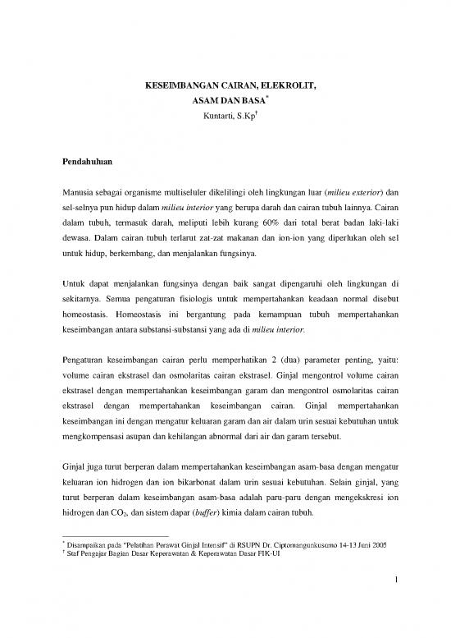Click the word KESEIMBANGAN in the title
[174, 85]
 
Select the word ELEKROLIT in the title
[287, 85]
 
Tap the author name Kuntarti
[216, 115]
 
